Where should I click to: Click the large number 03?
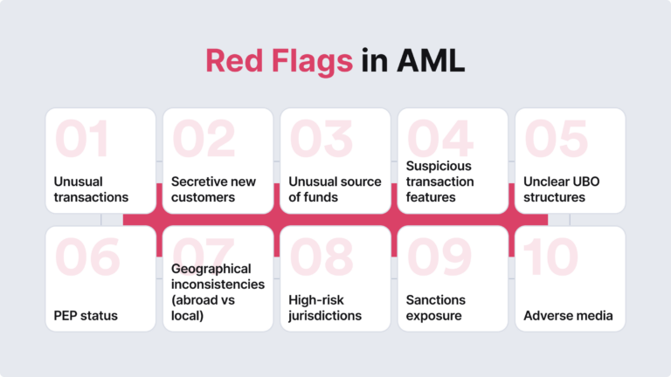pos(321,139)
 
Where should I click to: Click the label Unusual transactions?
pos(90,189)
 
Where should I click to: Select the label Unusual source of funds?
pos(335,189)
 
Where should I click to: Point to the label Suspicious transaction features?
pos(439,182)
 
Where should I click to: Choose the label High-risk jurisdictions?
pos(325,307)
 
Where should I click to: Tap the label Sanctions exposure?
pos(436,307)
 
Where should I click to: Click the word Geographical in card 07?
pos(211,269)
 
